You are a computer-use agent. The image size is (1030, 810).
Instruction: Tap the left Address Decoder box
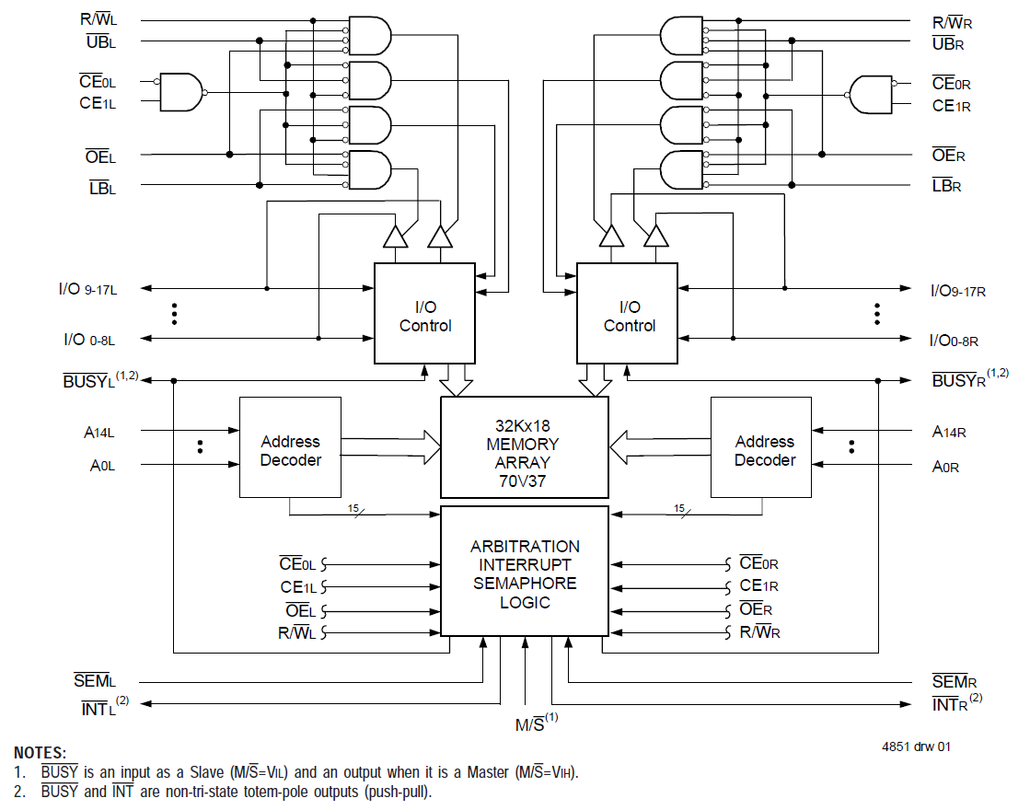pyautogui.click(x=290, y=450)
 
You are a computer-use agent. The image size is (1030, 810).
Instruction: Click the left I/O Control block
pyautogui.click(x=424, y=315)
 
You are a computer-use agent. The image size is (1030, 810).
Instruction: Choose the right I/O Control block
pyautogui.click(x=628, y=315)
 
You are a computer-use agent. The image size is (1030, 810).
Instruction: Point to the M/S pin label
pyautogui.click(x=533, y=723)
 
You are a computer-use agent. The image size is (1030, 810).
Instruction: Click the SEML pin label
pyautogui.click(x=95, y=681)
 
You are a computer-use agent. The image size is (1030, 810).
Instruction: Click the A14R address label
pyautogui.click(x=948, y=431)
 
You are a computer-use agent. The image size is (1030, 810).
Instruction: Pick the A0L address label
pyautogui.click(x=101, y=466)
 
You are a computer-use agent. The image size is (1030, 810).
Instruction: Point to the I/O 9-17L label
pyautogui.click(x=88, y=288)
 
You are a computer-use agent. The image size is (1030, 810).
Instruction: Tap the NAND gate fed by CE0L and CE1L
pyautogui.click(x=180, y=92)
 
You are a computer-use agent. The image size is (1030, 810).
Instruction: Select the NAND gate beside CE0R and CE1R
pyautogui.click(x=871, y=94)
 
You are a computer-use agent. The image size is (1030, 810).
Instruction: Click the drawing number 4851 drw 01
pyautogui.click(x=915, y=746)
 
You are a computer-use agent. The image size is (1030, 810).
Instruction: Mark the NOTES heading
pyautogui.click(x=40, y=753)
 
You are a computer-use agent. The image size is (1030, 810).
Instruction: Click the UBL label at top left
pyautogui.click(x=99, y=40)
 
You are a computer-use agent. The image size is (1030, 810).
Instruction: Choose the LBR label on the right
pyautogui.click(x=946, y=186)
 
